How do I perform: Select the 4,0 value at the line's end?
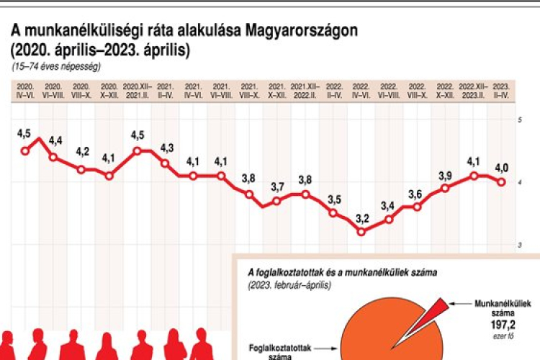click(501, 168)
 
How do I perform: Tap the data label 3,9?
click(446, 175)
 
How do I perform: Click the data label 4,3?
click(166, 148)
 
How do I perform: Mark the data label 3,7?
click(277, 187)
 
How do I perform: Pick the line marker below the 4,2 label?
click(81, 169)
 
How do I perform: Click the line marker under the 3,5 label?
click(333, 212)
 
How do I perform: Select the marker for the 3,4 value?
click(390, 219)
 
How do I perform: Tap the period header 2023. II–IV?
click(501, 89)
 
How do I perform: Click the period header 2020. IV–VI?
click(25, 89)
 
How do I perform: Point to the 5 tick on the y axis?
click(520, 120)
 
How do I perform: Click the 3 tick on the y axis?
click(520, 246)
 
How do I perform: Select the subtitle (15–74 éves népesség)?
click(56, 66)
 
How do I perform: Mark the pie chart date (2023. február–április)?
click(289, 284)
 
